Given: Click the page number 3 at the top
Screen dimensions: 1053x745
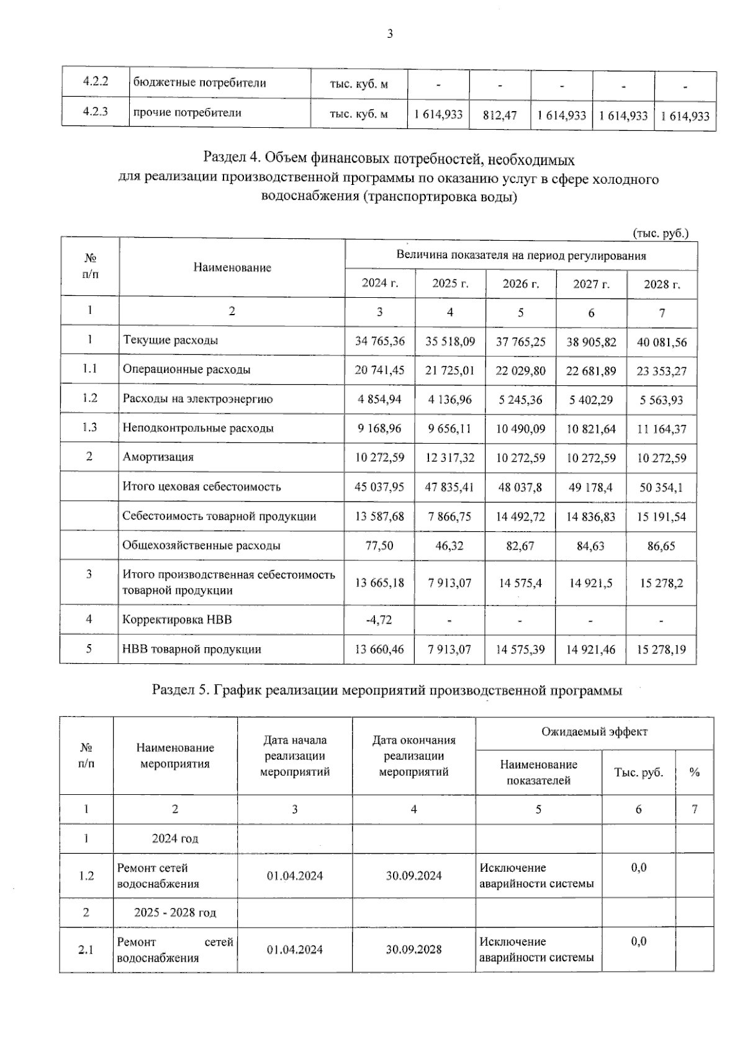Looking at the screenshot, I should point(390,35).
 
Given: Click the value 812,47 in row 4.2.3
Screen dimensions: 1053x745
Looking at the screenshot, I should point(499,115).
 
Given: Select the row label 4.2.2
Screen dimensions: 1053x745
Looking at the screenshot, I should point(96,83).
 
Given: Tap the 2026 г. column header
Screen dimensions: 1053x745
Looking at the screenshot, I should point(520,284).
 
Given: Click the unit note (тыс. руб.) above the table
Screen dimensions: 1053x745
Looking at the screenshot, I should point(661,233).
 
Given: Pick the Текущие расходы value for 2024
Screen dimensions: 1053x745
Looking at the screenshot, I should point(379,341).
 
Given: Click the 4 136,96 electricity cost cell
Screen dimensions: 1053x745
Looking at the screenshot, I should point(449,400).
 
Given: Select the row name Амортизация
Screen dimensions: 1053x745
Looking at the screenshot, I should point(158,457).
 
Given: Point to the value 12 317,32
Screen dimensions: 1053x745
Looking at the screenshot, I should point(449,458).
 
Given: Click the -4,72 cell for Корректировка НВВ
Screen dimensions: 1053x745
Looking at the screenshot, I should point(379,619).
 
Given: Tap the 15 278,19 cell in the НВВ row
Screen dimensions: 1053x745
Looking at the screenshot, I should point(661,650).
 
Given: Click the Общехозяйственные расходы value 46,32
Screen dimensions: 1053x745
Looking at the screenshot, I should point(449,546).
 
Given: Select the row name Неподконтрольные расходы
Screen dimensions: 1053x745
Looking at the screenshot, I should point(198,428).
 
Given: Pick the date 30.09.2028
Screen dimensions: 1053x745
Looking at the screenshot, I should point(413,949).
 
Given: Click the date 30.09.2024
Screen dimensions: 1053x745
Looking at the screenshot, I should point(413,876).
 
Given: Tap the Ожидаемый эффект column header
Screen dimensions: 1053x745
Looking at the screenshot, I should point(594,732).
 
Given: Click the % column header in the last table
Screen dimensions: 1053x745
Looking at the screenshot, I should point(694,773).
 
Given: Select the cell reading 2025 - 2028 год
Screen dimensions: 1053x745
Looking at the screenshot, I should point(175,913).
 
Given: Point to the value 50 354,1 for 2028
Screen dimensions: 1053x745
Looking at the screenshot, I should point(661,488).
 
